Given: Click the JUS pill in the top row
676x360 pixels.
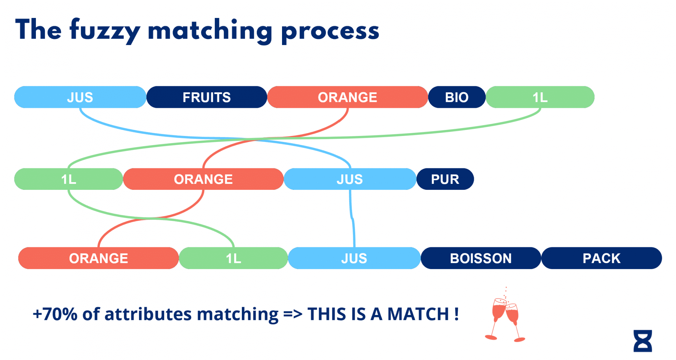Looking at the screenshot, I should pyautogui.click(x=80, y=97).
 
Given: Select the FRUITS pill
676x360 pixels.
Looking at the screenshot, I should pyautogui.click(x=207, y=97).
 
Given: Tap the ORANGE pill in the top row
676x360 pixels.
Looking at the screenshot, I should pyautogui.click(x=348, y=97).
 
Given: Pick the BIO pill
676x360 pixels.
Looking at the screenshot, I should pyautogui.click(x=457, y=97).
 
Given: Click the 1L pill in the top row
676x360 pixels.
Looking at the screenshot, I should pyautogui.click(x=540, y=97).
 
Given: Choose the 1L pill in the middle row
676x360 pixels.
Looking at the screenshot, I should pyautogui.click(x=69, y=179).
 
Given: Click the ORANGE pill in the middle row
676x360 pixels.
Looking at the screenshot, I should pyautogui.click(x=203, y=179).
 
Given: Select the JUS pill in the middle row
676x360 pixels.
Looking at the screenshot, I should pyautogui.click(x=350, y=179).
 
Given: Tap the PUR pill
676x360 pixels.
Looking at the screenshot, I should pyautogui.click(x=445, y=179).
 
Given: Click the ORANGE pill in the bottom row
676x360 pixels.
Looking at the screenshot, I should pyautogui.click(x=99, y=258).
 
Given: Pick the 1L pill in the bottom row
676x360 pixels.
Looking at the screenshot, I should pyautogui.click(x=233, y=258).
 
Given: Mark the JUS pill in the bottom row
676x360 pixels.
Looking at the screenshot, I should pyautogui.click(x=354, y=258).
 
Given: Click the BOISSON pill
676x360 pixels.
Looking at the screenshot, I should pyautogui.click(x=481, y=258).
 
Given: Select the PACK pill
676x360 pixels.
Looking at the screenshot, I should pyautogui.click(x=601, y=258).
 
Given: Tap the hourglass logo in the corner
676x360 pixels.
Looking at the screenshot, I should pyautogui.click(x=643, y=341).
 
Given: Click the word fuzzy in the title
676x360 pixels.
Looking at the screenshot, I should pyautogui.click(x=105, y=31).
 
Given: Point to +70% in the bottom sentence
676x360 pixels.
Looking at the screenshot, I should pyautogui.click(x=55, y=314).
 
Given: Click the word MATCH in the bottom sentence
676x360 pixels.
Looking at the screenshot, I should pyautogui.click(x=418, y=314).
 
